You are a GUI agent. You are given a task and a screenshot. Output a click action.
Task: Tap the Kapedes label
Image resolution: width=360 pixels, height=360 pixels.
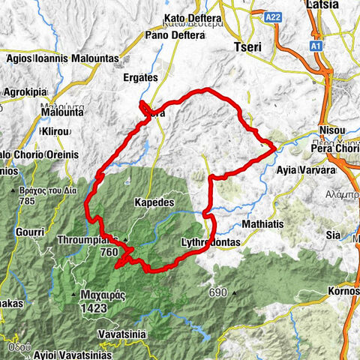pos(154,203)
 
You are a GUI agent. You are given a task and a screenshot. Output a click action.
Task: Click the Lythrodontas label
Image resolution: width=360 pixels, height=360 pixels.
pos(209,243)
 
